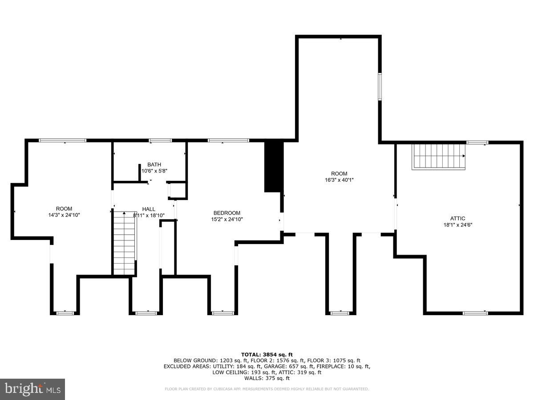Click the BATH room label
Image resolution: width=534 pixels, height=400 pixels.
tap(154, 164)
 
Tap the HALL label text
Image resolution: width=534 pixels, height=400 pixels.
tap(149, 209)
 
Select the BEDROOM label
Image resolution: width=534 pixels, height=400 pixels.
tap(227, 213)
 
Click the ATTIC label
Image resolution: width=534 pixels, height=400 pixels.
tap(457, 218)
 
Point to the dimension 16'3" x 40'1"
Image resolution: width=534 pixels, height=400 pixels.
tap(339, 180)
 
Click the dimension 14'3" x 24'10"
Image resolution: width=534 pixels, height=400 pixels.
tap(64, 215)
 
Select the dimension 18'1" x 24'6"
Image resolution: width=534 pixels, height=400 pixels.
tap(457, 225)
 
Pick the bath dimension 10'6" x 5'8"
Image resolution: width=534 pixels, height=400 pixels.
tap(154, 171)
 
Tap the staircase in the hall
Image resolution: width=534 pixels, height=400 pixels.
tap(124, 243)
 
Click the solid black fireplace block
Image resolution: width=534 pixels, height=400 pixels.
tap(274, 167)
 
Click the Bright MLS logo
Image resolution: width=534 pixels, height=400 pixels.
tap(32, 389)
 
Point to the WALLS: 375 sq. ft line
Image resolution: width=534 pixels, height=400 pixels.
tap(267, 379)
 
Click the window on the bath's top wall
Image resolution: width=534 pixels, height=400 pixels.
tap(160, 141)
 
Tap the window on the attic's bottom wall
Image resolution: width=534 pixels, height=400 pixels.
tap(475, 313)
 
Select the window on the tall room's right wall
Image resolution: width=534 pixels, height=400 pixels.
tap(380, 87)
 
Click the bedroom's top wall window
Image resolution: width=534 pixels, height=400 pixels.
tap(228, 141)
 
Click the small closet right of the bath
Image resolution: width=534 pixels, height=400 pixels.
tap(177, 191)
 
